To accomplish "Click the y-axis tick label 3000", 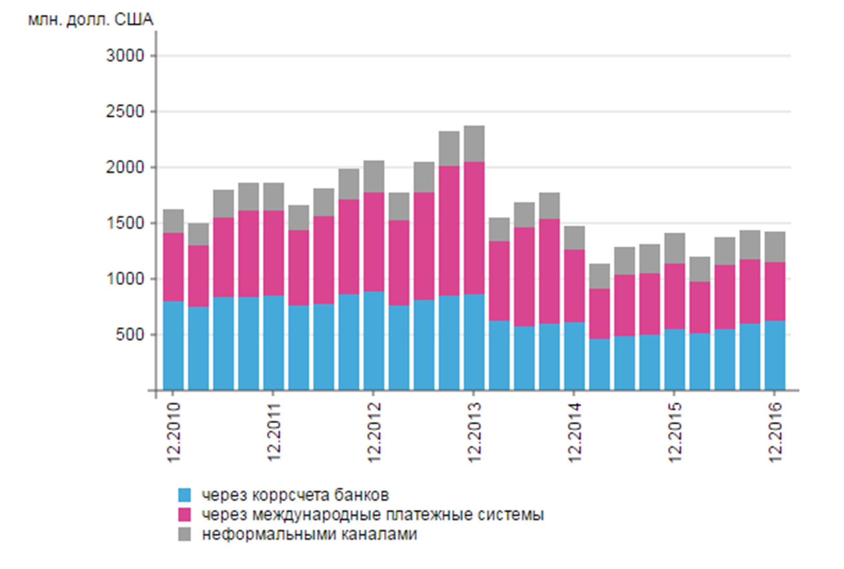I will [125, 56].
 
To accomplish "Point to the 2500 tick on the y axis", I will [125, 112].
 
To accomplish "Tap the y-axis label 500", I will [130, 335].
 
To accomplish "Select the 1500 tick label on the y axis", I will [125, 224].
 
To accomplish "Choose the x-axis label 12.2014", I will [575, 432].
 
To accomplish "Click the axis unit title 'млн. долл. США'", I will [91, 20].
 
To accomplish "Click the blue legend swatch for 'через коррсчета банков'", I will [184, 495].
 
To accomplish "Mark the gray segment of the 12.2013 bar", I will [474, 144].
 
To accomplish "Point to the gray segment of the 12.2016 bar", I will [775, 247].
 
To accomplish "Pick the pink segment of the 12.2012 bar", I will [374, 242].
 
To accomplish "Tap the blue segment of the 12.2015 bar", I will [675, 359].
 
